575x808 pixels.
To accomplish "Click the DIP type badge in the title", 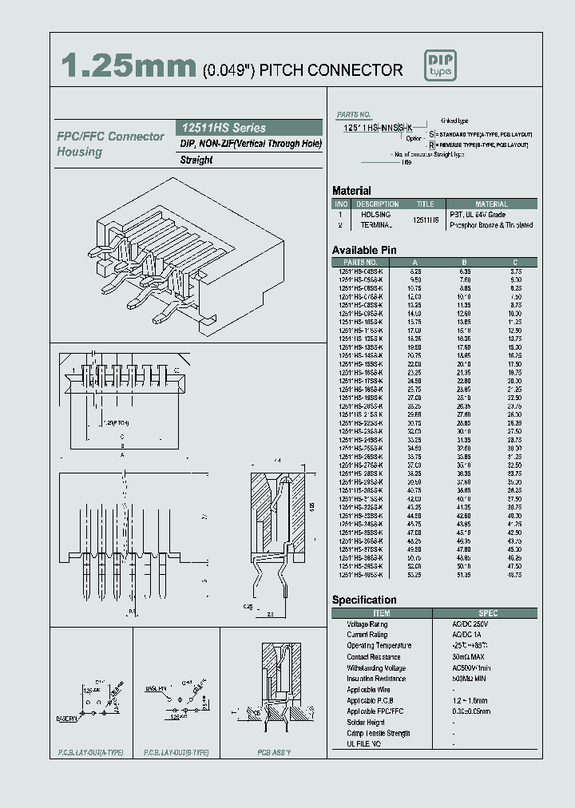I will click(x=442, y=66).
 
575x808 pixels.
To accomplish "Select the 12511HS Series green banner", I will click(x=248, y=128).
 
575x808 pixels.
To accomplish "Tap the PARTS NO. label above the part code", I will click(x=354, y=115).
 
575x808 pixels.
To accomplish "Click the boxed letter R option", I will click(x=432, y=146).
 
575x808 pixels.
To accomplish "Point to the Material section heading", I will click(x=351, y=191).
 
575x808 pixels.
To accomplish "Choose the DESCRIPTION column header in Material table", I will click(x=377, y=204).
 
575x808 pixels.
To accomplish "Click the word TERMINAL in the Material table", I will click(x=375, y=225).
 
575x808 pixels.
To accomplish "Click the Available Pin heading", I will click(x=364, y=250).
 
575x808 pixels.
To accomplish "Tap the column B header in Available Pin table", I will click(x=464, y=262).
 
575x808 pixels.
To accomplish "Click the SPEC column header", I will click(x=488, y=613).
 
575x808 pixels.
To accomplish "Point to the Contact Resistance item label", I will click(x=374, y=657).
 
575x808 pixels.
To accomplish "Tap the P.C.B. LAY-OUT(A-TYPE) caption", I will click(x=91, y=753).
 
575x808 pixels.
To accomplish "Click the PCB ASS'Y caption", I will click(x=274, y=753).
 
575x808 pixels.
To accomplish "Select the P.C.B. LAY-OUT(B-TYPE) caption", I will click(x=176, y=753).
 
